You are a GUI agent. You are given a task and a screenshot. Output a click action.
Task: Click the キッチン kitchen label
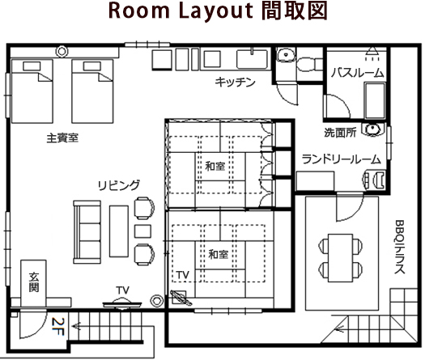pyautogui.click(x=235, y=82)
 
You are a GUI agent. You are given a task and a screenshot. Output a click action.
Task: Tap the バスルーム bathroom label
pyautogui.click(x=358, y=73)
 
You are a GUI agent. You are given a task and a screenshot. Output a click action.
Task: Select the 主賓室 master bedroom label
pyautogui.click(x=62, y=138)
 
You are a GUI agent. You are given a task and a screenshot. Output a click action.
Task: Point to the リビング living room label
pyautogui.click(x=119, y=185)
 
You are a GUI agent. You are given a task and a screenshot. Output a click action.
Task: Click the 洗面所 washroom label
pyautogui.click(x=340, y=132)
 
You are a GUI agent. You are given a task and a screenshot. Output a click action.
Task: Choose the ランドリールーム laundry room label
pyautogui.click(x=342, y=159)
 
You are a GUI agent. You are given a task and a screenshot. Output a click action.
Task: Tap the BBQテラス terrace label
pyautogui.click(x=400, y=247)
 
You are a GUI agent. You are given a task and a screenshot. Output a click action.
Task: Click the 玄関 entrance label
pyautogui.click(x=34, y=282)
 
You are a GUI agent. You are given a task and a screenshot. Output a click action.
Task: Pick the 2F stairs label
pyautogui.click(x=58, y=326)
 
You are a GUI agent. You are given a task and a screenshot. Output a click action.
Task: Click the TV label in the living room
pyautogui.click(x=123, y=290)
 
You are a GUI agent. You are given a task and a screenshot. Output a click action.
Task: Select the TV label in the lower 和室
pyautogui.click(x=183, y=275)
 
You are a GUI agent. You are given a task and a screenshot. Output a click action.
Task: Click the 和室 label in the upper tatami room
pyautogui.click(x=215, y=166)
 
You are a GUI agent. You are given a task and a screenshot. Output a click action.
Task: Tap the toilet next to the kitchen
pyautogui.click(x=309, y=64)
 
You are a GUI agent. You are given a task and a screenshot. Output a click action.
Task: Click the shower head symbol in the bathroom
pyautogui.click(x=372, y=53)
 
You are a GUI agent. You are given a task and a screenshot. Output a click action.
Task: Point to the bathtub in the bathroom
pyautogui.click(x=375, y=100)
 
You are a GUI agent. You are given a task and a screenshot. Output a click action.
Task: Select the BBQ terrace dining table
pyautogui.click(x=340, y=257)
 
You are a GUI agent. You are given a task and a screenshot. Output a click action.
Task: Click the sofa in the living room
pyautogui.click(x=87, y=232)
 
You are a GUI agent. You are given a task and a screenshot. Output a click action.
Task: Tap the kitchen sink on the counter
pyautogui.click(x=252, y=59)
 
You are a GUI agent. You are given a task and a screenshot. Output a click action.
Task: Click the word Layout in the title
pyautogui.click(x=216, y=11)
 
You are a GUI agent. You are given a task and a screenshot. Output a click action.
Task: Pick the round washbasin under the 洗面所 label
pyautogui.click(x=374, y=129)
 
